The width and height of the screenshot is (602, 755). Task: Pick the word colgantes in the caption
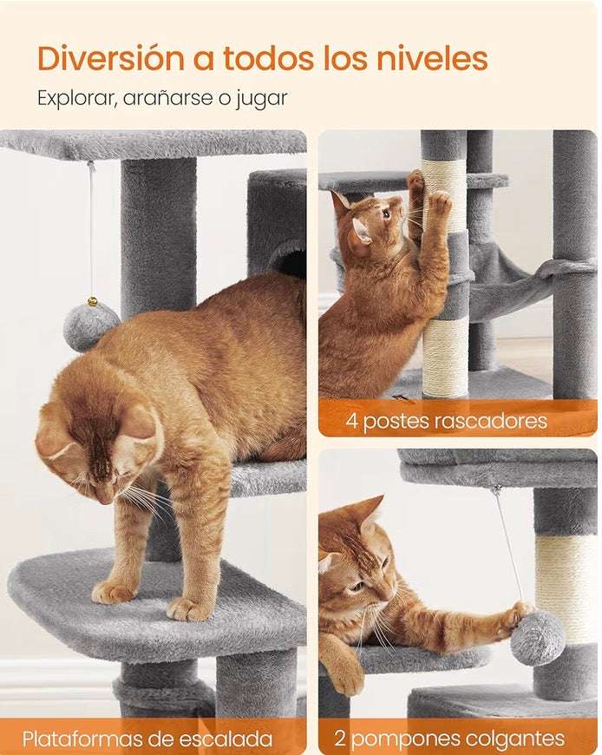click(x=515, y=739)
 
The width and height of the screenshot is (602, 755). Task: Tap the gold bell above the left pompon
click(x=91, y=302)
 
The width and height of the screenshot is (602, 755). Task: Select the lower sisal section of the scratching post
click(x=445, y=356)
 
